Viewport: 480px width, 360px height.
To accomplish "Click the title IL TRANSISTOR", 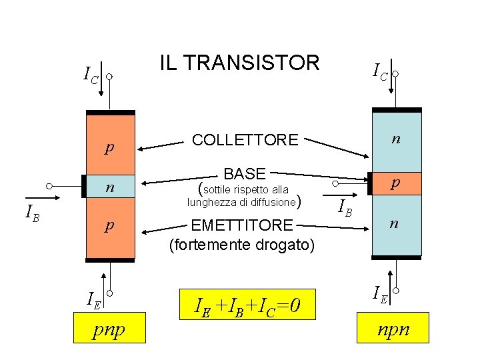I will (239, 63).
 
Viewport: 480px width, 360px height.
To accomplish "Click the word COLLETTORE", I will (245, 140).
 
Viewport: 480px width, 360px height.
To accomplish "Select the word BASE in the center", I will (245, 174).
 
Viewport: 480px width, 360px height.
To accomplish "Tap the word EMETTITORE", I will (241, 225).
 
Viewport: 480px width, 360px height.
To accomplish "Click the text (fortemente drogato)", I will (241, 245).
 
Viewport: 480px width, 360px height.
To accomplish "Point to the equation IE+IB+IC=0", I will (247, 306).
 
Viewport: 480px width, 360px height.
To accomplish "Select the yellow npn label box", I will (393, 329).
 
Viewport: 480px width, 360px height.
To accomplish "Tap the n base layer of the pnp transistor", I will (111, 188).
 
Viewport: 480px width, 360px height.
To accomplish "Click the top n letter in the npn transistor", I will (396, 139).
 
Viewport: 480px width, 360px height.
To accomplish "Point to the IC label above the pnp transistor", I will (90, 75).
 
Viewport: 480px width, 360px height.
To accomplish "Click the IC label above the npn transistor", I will (380, 70).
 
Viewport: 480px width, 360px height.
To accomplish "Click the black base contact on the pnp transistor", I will (84, 186).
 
